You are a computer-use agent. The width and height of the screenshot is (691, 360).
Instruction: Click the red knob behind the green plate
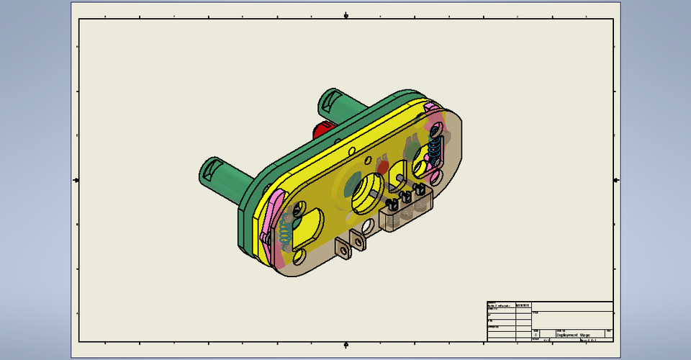click(x=321, y=130)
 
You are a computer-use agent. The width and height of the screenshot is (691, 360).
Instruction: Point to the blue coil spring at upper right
click(x=435, y=149)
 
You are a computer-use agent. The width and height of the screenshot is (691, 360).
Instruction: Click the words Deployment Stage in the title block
click(x=573, y=325)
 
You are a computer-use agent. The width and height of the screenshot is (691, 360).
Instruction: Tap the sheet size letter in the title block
click(x=536, y=335)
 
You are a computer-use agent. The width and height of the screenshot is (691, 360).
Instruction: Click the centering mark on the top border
click(x=346, y=14)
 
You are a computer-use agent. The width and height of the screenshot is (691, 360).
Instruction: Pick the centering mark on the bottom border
click(x=346, y=343)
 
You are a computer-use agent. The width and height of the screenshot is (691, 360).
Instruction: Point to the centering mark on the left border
click(x=76, y=179)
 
